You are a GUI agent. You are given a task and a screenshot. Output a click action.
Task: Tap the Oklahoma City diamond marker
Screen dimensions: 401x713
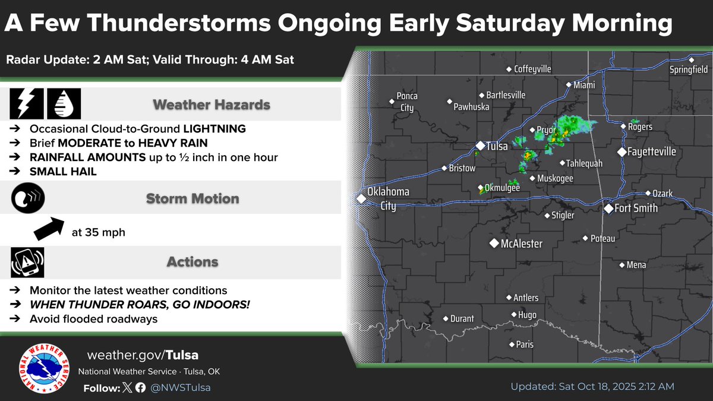click(360, 198)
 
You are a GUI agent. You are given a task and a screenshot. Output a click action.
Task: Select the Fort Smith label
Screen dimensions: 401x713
click(636, 209)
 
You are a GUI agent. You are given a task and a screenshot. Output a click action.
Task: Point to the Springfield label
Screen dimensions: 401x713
click(689, 70)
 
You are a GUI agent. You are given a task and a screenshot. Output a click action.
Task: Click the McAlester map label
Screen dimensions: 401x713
click(521, 244)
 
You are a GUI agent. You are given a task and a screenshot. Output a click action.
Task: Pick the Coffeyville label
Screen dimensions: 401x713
click(532, 69)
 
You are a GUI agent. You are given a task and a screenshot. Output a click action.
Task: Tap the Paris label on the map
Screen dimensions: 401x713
click(525, 345)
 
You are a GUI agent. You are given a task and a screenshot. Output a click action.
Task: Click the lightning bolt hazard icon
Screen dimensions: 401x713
click(26, 105)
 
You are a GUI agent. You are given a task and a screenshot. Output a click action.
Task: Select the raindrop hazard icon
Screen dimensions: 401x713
click(64, 105)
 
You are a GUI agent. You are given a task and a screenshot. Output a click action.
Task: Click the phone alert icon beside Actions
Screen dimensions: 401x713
click(27, 262)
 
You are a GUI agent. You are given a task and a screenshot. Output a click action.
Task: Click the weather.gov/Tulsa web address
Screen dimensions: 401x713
click(143, 355)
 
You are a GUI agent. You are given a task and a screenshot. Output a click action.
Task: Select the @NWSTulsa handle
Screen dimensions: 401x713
click(180, 388)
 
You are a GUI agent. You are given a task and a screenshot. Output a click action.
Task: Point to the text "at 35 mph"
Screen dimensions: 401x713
click(98, 232)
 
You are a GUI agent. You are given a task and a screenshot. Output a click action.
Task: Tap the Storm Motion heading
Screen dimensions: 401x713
click(193, 198)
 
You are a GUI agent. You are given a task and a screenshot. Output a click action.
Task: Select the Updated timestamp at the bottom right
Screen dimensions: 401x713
click(592, 387)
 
